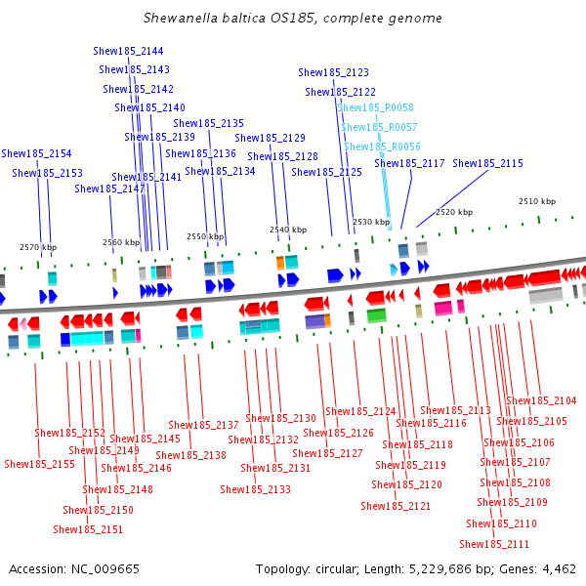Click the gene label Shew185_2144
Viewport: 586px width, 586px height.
coord(128,51)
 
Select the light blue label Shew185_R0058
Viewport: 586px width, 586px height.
coord(376,107)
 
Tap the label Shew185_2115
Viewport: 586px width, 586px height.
coord(487,163)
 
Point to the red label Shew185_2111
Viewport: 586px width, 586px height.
coord(494,544)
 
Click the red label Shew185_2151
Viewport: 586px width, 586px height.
coord(88,529)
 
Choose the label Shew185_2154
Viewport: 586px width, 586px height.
coord(36,153)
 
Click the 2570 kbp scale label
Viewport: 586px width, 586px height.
coord(38,247)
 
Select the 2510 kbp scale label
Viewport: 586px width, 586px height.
coord(537,201)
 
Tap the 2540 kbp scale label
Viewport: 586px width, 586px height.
coord(288,230)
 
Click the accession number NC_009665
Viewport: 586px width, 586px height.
coord(105,569)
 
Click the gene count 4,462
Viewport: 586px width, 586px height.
coord(559,569)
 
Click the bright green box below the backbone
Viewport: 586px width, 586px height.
coord(376,315)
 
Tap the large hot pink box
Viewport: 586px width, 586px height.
coord(443,308)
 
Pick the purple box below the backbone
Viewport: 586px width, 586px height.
coord(315,321)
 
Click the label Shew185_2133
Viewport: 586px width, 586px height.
coord(255,489)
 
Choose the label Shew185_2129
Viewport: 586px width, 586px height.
coord(270,139)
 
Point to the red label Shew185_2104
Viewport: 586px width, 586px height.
coord(541,401)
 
